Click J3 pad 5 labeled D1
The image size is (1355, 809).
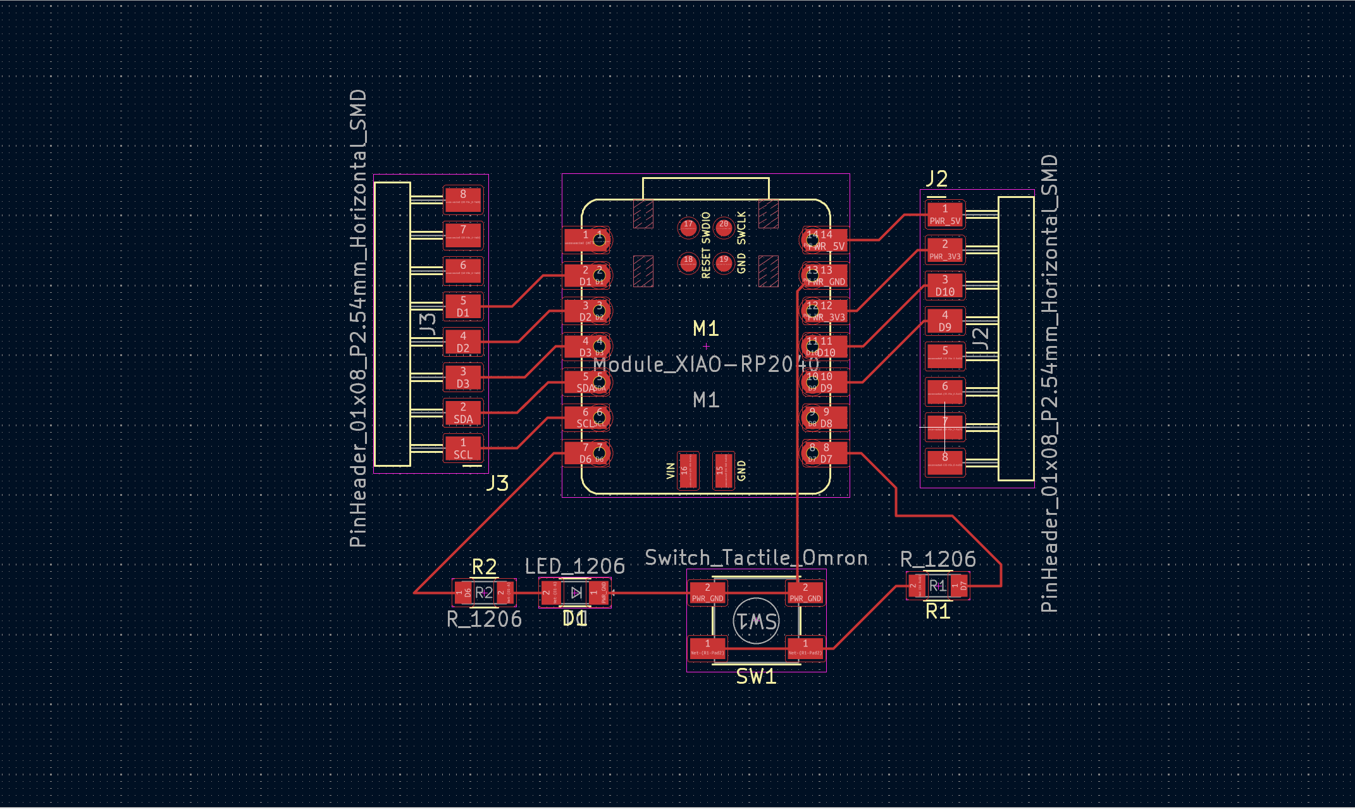[463, 307]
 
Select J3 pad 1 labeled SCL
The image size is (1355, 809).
[463, 448]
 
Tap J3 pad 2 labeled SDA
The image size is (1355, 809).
[463, 413]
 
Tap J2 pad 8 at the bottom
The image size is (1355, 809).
[945, 462]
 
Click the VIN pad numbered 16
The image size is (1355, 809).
[688, 471]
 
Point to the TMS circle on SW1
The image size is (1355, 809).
[756, 621]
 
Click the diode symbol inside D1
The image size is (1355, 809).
[576, 593]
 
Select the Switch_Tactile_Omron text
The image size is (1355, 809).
[756, 558]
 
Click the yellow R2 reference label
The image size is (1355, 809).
[484, 566]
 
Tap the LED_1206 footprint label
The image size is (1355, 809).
[574, 566]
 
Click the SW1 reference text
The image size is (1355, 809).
[756, 677]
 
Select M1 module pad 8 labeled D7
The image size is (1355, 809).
[825, 454]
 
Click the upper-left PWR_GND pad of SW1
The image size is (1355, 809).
[707, 593]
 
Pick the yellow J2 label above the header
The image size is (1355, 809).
[936, 179]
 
